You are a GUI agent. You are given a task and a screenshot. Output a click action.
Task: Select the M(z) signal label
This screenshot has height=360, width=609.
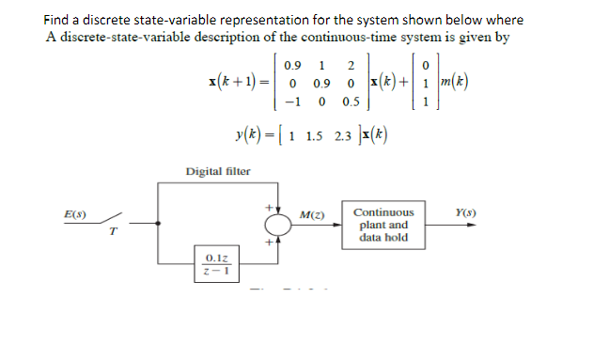[x=312, y=216]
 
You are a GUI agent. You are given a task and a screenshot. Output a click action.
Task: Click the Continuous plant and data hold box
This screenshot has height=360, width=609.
[x=383, y=225]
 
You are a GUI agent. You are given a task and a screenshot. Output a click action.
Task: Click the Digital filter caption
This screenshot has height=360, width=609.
[x=218, y=171]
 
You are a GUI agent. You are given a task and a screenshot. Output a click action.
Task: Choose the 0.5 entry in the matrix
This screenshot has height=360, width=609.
[x=349, y=102]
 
